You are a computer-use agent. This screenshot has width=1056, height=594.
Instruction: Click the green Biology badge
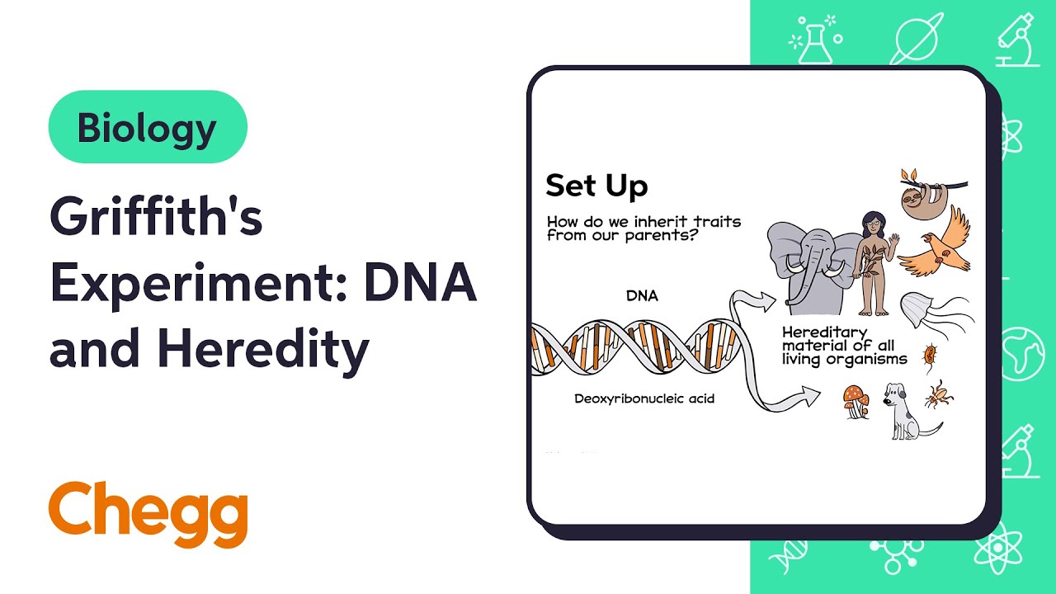tap(148, 127)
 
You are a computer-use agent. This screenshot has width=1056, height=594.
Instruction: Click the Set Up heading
tap(596, 186)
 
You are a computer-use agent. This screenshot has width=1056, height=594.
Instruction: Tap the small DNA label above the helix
tap(642, 295)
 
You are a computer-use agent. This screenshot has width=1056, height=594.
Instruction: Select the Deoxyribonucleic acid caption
tap(644, 398)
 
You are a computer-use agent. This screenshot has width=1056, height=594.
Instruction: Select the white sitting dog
tap(904, 408)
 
